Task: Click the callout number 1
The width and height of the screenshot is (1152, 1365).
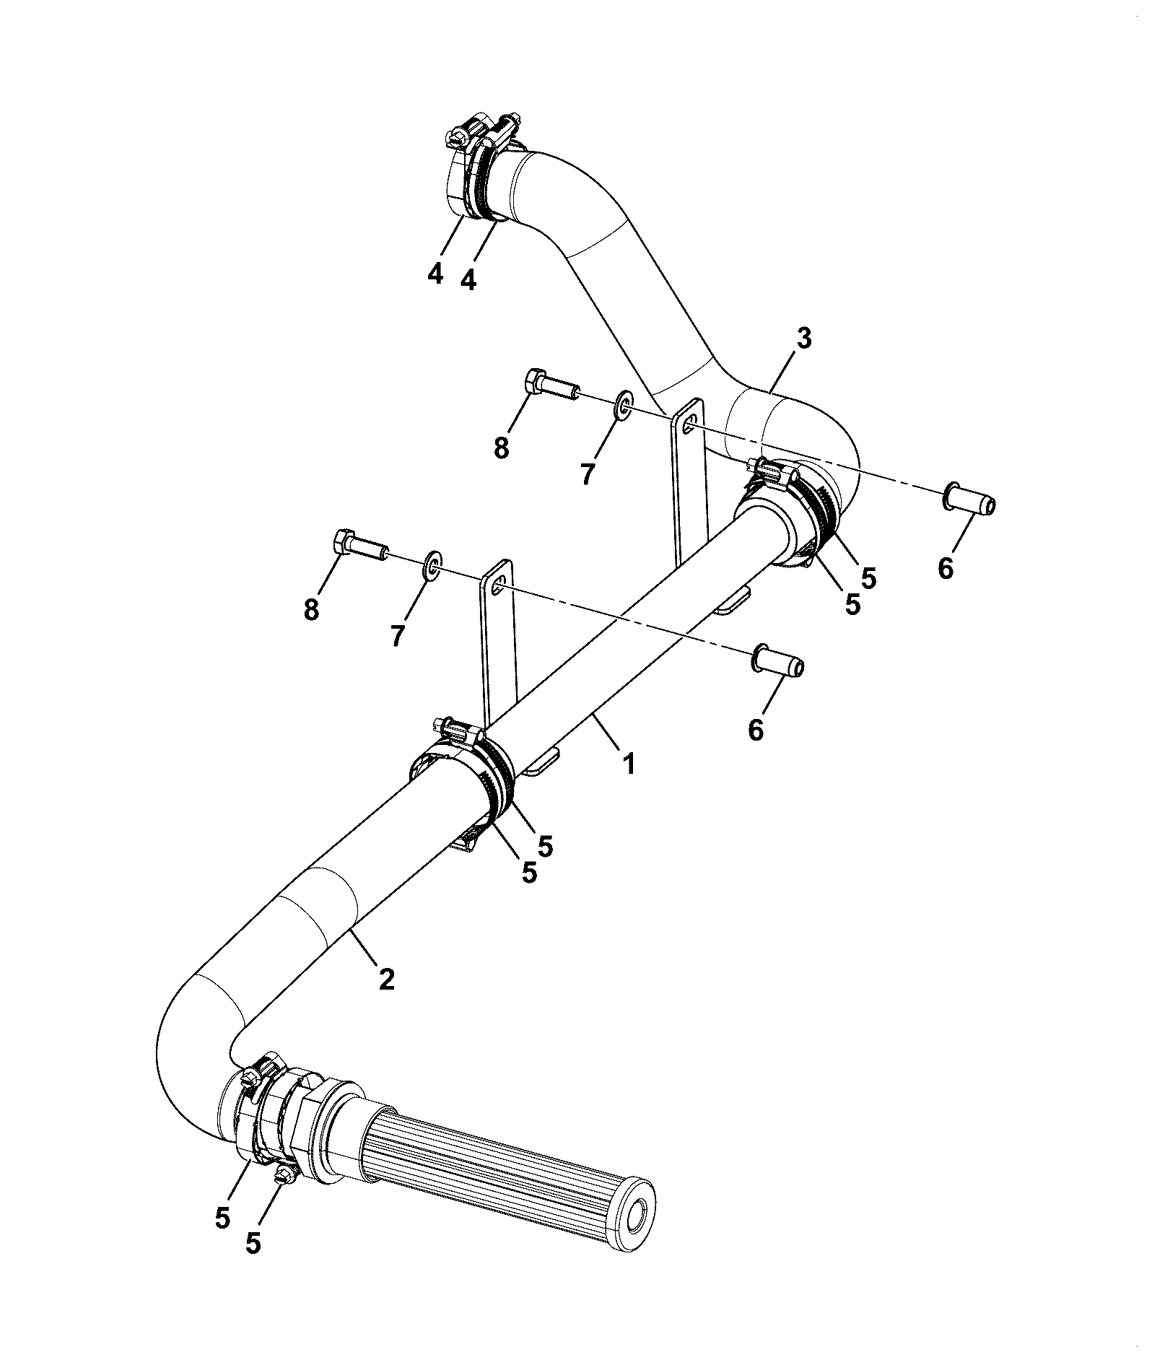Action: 629,762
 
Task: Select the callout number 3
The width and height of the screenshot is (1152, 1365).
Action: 803,339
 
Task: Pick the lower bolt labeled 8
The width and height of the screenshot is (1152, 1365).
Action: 362,544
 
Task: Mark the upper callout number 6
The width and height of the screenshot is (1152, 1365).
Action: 946,568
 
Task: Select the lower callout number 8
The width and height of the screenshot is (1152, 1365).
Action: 311,610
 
